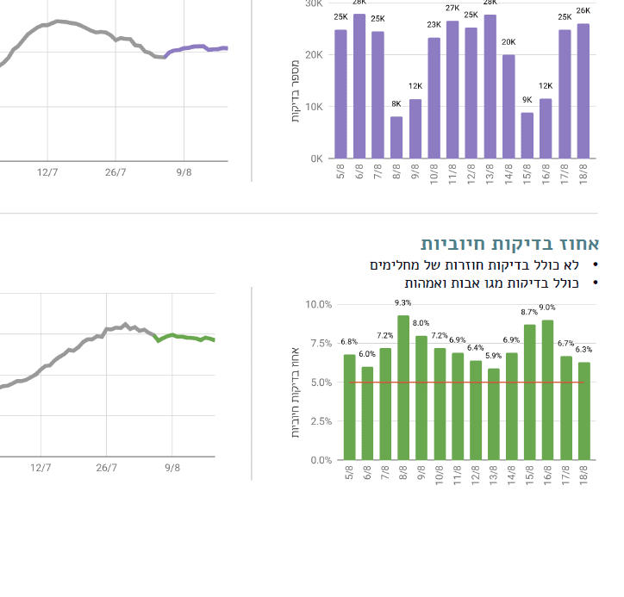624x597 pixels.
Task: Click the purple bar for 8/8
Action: pyautogui.click(x=396, y=138)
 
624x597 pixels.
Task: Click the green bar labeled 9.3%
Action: pyautogui.click(x=403, y=388)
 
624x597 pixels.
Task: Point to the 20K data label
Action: pyautogui.click(x=509, y=41)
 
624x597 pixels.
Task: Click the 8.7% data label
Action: pyautogui.click(x=529, y=312)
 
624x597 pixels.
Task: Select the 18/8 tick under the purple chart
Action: pyautogui.click(x=584, y=171)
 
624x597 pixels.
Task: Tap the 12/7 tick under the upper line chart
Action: pyautogui.click(x=47, y=172)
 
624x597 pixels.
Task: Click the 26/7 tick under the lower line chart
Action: pyautogui.click(x=106, y=468)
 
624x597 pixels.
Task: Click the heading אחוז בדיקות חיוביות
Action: pyautogui.click(x=510, y=244)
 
